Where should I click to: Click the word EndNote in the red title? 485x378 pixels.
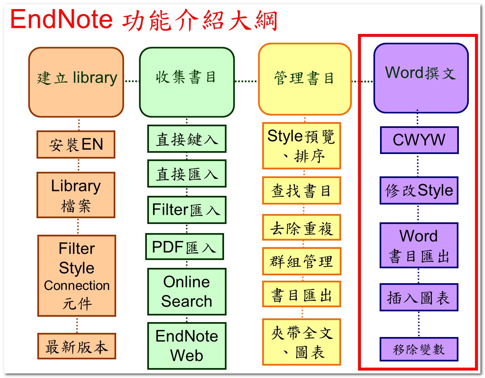(x=61, y=19)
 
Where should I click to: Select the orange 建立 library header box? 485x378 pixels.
(x=76, y=82)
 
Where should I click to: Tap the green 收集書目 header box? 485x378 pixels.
(x=187, y=82)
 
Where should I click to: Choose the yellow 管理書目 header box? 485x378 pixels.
(x=305, y=79)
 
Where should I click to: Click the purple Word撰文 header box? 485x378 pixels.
(x=421, y=78)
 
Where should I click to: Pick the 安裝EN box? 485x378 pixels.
(x=76, y=144)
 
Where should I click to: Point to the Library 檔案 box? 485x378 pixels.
(x=76, y=195)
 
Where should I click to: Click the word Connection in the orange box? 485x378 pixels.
(x=77, y=285)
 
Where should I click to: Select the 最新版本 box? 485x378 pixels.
(x=77, y=346)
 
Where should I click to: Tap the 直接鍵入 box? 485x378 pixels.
(x=187, y=139)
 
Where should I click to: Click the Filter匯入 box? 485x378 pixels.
(x=187, y=210)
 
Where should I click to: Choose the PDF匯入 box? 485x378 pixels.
(x=185, y=246)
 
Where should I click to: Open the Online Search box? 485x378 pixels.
(x=187, y=291)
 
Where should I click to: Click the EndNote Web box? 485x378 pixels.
(x=187, y=346)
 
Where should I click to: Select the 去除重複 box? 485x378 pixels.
(x=302, y=227)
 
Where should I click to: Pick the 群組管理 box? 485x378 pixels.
(x=302, y=261)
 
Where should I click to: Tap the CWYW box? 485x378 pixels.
(x=419, y=140)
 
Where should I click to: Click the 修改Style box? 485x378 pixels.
(x=419, y=190)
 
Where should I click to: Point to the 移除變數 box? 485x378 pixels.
(x=419, y=349)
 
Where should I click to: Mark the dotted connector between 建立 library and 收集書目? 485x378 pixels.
(x=132, y=81)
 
